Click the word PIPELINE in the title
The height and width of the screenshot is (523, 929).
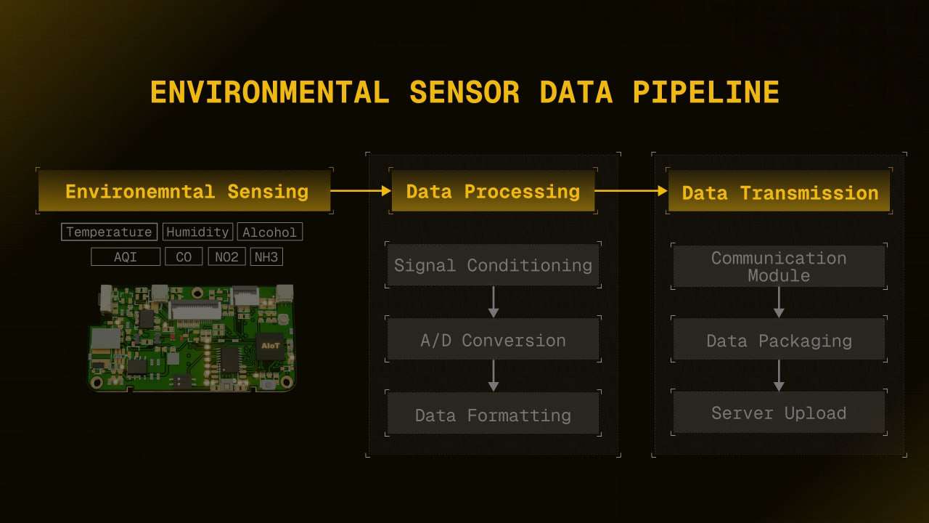pos(706,92)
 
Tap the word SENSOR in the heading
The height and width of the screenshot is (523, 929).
pos(464,92)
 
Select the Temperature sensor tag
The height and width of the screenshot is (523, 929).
pos(109,232)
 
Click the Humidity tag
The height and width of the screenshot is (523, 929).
pos(197,232)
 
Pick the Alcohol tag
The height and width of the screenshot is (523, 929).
pos(269,232)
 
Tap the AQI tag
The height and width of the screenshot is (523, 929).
pos(126,257)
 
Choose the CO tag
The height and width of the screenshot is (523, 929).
pos(184,257)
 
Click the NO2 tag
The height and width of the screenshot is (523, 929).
pos(226,257)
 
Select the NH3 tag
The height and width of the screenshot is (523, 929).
pos(266,257)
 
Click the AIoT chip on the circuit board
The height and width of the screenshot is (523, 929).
pos(271,345)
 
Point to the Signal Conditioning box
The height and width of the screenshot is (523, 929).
pos(493,265)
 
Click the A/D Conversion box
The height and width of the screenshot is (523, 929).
pos(493,339)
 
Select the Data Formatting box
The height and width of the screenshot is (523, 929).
pos(493,414)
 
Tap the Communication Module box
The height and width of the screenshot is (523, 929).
pos(779,266)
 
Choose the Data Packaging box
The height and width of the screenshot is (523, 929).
pos(779,339)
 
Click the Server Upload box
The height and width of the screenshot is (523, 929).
pos(779,412)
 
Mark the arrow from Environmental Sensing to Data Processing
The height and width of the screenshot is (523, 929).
pos(361,191)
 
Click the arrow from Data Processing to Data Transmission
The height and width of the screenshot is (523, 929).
pos(631,191)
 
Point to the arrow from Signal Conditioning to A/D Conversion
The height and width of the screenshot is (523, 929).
pos(493,302)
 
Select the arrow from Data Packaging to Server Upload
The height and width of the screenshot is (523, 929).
pos(779,376)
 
